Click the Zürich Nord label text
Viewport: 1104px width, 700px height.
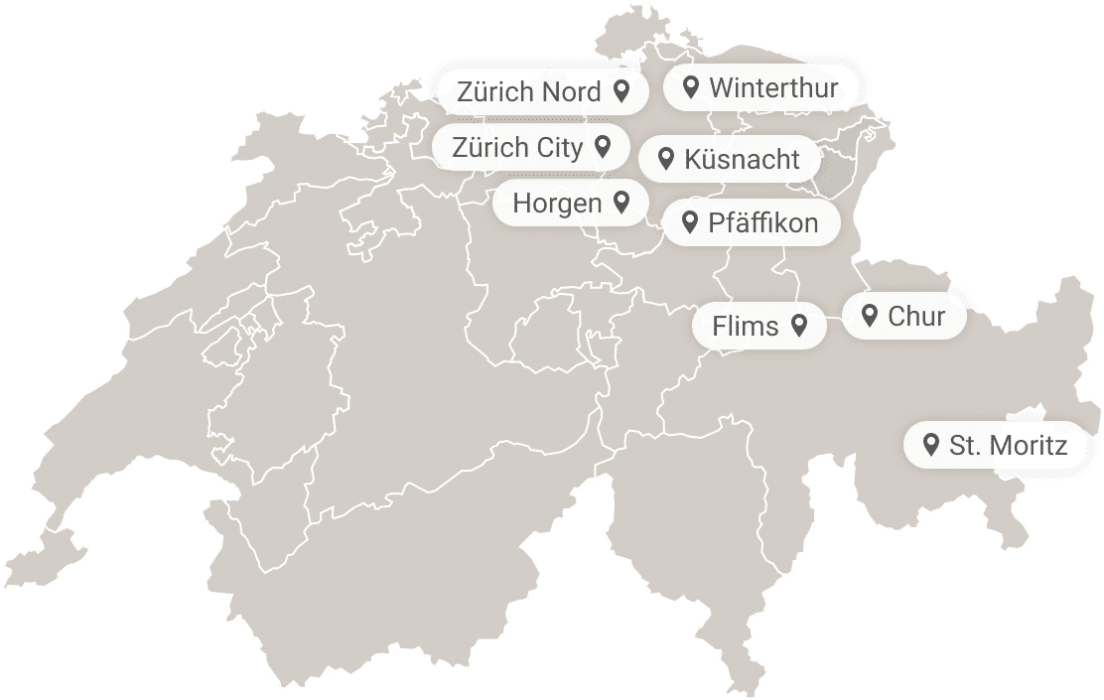coord(528,92)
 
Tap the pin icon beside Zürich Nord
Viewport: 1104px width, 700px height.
coord(621,91)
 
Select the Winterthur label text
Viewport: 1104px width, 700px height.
coord(773,87)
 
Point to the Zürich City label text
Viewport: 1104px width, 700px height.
coord(517,148)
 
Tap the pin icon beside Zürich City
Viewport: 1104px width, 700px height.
coord(602,147)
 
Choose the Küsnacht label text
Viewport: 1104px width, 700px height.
coord(742,159)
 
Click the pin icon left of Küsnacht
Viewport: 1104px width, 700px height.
coord(667,158)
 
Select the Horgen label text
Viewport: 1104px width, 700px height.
coord(557,204)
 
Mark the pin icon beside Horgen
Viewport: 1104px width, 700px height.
coord(621,203)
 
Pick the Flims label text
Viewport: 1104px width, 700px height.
coord(746,326)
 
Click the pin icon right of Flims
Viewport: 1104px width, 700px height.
coord(798,325)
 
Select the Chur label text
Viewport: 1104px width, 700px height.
coord(915,317)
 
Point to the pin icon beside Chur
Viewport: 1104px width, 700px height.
coord(870,316)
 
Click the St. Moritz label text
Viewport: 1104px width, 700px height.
coord(1008,446)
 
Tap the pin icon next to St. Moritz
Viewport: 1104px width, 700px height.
coord(931,445)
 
